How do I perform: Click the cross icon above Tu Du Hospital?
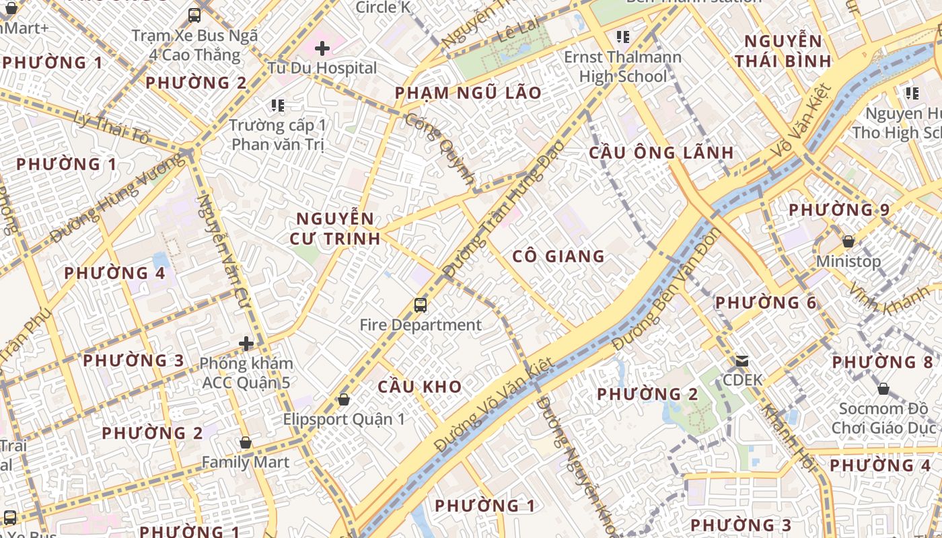click(x=322, y=48)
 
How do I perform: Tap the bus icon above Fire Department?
click(x=421, y=305)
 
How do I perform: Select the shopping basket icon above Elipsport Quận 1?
click(x=344, y=399)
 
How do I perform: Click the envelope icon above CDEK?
click(x=742, y=361)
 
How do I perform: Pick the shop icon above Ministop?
click(x=848, y=241)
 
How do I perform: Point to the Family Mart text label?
click(x=246, y=463)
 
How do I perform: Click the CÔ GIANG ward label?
click(x=558, y=256)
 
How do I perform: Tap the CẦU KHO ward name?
click(x=420, y=387)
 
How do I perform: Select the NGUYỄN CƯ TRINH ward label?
click(x=335, y=229)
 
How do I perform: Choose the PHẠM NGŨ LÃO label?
click(x=468, y=93)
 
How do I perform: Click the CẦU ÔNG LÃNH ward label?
click(x=661, y=153)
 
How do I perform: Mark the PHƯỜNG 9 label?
click(x=839, y=210)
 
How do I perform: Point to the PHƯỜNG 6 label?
click(x=766, y=303)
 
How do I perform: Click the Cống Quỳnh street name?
click(x=441, y=149)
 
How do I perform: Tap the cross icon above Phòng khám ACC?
click(x=246, y=344)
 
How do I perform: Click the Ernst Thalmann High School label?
click(x=623, y=67)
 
